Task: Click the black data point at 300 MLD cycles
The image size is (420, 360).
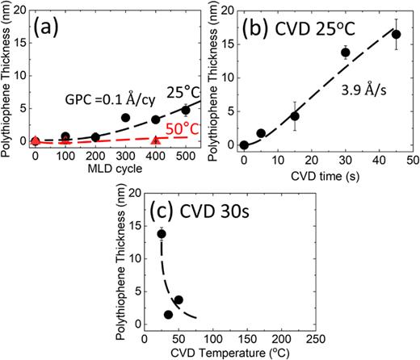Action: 125,118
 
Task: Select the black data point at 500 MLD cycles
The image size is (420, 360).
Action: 186,110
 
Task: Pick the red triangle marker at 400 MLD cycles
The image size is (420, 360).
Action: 155,141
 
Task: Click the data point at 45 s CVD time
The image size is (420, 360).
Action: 396,34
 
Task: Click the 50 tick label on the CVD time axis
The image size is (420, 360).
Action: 411,160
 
